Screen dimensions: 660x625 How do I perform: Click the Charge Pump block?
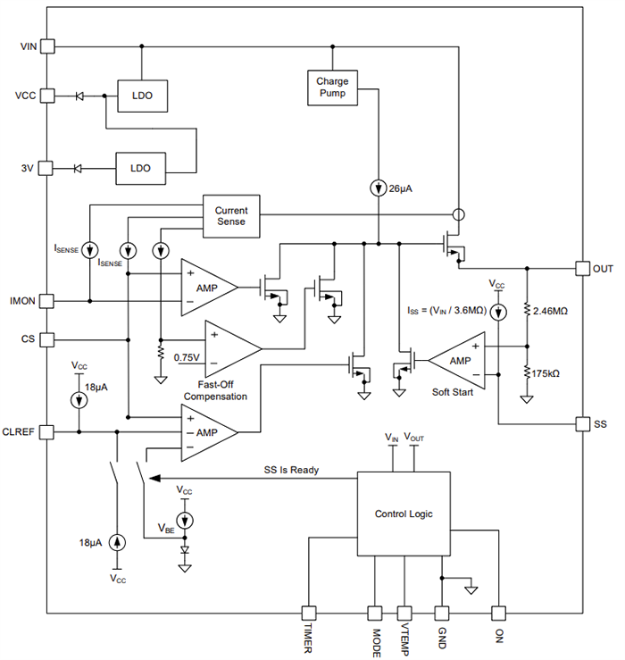(x=332, y=88)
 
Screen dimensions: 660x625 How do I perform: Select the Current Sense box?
(x=230, y=215)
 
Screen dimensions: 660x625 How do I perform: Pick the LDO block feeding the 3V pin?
(x=139, y=168)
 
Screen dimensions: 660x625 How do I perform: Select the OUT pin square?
(x=581, y=268)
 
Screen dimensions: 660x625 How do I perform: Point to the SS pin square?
(x=581, y=423)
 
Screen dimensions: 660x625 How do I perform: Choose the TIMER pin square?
(x=308, y=614)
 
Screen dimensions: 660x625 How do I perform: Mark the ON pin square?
(x=498, y=614)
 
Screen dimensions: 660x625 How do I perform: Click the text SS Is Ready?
(x=291, y=470)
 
